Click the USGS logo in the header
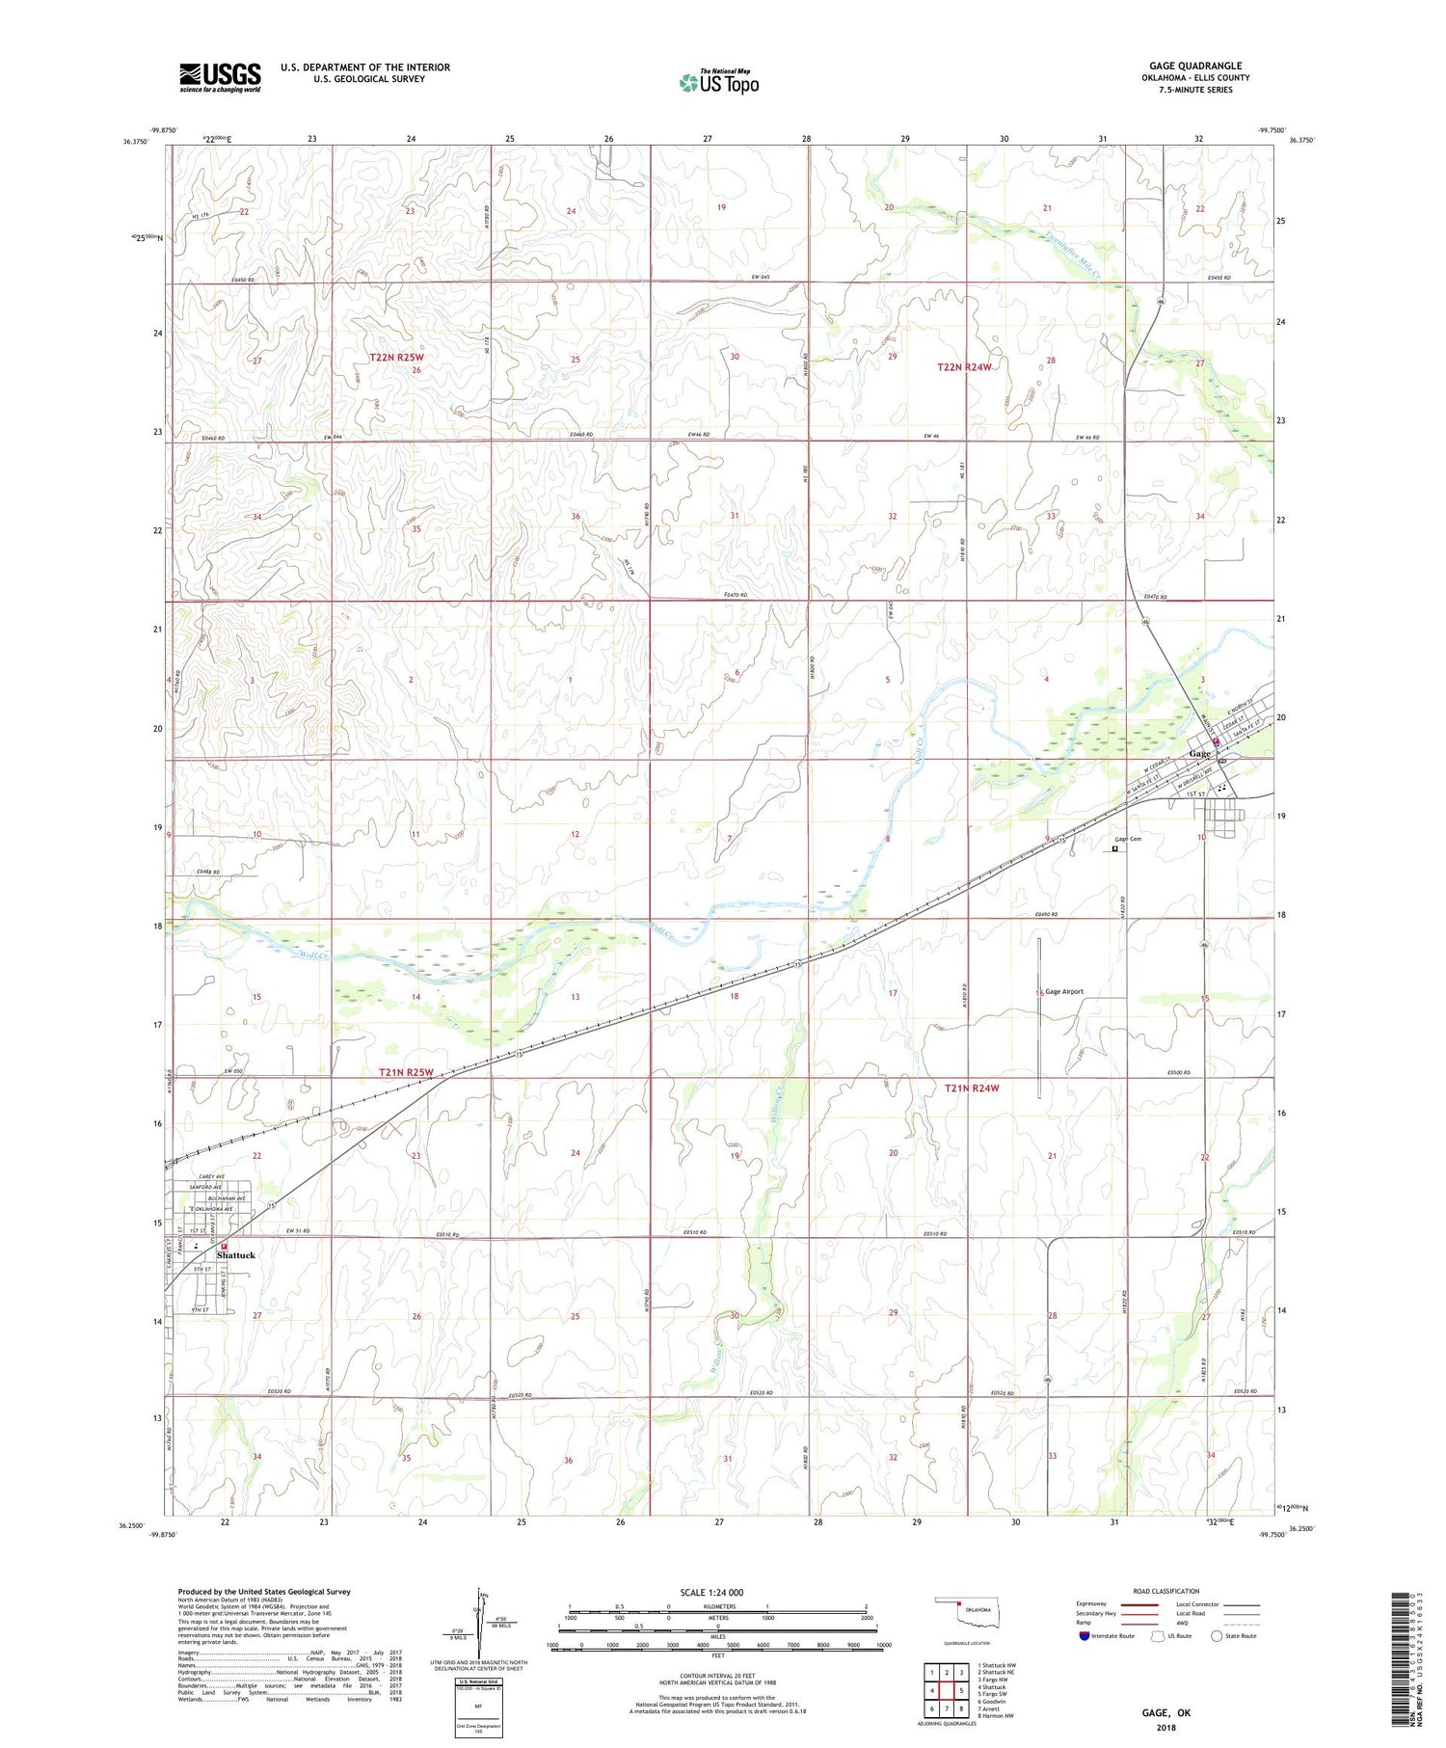click(220, 77)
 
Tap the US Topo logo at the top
click(718, 82)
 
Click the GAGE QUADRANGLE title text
click(1194, 67)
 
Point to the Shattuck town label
click(236, 1255)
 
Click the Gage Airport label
click(1064, 991)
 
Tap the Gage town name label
click(1199, 753)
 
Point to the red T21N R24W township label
click(971, 1088)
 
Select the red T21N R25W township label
click(406, 1072)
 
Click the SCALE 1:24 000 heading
click(711, 1592)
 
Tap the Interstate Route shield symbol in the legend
click(1084, 1635)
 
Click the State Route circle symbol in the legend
click(1217, 1635)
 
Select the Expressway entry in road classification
click(1096, 1604)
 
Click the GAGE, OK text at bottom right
click(1165, 1712)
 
